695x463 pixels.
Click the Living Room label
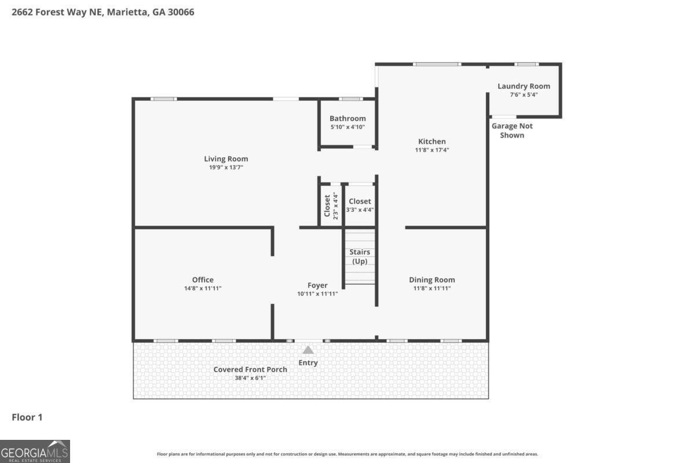(226, 159)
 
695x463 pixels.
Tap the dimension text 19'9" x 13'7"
(226, 167)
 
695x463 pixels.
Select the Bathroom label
(348, 119)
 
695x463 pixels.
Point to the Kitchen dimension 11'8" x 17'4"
(432, 150)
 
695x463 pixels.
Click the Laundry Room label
(524, 86)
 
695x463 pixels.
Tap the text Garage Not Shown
(512, 130)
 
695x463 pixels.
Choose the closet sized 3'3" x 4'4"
(360, 205)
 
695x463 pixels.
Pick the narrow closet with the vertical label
(330, 205)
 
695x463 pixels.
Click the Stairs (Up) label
(360, 256)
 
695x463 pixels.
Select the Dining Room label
(432, 280)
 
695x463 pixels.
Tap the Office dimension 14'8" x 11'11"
(203, 288)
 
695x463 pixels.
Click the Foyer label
(317, 285)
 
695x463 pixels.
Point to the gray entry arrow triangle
(308, 350)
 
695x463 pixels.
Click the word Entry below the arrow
(308, 363)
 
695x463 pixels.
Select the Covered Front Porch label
(250, 369)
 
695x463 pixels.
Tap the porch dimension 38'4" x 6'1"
(250, 378)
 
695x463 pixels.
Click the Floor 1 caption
(27, 417)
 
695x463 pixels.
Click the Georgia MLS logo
(35, 451)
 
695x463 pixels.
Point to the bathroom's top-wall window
(350, 99)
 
